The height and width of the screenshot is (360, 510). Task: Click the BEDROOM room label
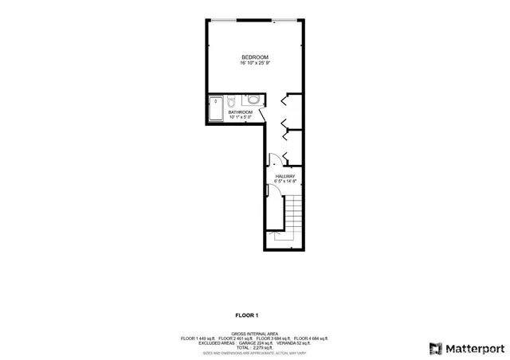[255, 57]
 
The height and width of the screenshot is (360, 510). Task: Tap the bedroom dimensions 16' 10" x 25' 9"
[255, 64]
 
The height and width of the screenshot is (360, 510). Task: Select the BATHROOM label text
[241, 112]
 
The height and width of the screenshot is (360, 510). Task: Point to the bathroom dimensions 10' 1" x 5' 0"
[241, 118]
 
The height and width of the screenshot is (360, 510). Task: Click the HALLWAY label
[285, 176]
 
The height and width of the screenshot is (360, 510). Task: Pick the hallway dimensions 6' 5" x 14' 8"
[285, 182]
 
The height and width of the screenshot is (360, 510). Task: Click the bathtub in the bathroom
[216, 109]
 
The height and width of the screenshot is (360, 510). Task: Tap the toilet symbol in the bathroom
[229, 102]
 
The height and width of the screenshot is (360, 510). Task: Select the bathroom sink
[252, 100]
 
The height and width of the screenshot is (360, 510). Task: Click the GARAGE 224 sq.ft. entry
[255, 343]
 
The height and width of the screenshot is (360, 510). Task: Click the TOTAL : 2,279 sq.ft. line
[255, 348]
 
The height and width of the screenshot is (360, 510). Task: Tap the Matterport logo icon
[435, 347]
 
